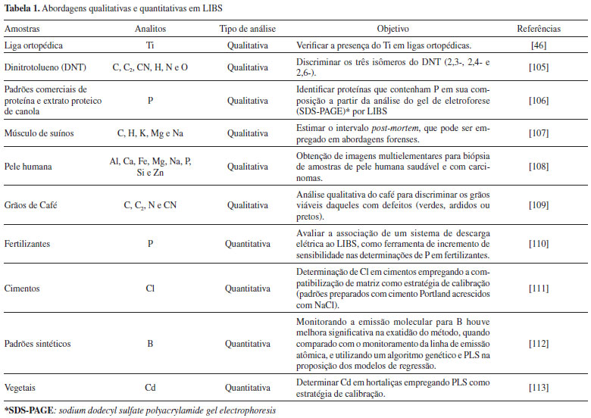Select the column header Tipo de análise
tap(247, 29)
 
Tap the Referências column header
tap(539, 29)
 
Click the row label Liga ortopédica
tap(32, 45)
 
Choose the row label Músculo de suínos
tap(38, 133)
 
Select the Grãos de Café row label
tap(29, 204)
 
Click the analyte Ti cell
tap(150, 45)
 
